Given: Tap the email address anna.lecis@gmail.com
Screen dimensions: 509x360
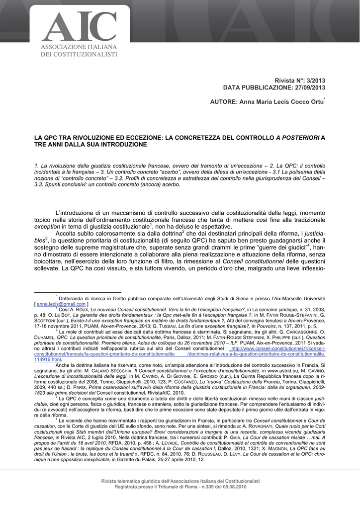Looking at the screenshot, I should pos(61,303).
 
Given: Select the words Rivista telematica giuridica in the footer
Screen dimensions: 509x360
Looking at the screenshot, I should pos(130,481).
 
